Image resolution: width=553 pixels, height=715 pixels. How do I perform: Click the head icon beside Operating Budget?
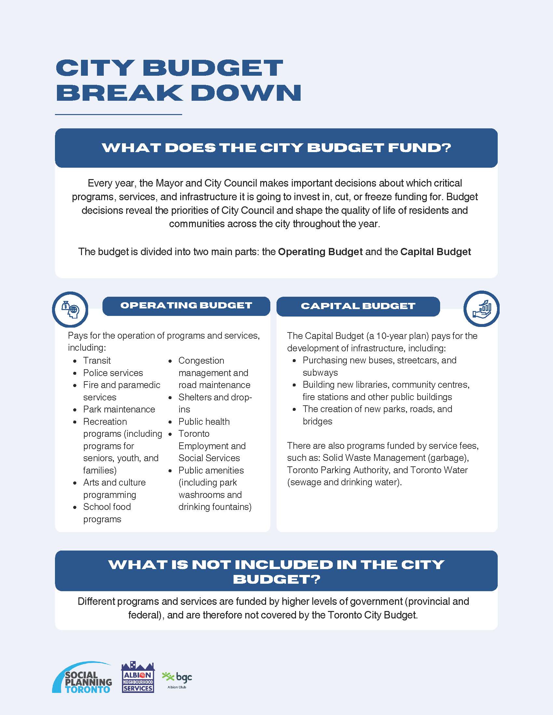pos(70,309)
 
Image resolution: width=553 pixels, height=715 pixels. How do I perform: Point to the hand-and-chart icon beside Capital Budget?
pos(481,309)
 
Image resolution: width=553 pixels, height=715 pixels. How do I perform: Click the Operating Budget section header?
pos(186,306)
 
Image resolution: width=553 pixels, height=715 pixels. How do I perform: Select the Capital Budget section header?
pos(358,306)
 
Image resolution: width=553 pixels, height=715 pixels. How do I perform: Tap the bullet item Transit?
pos(97,360)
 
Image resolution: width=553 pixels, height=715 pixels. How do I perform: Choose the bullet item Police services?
pos(113,373)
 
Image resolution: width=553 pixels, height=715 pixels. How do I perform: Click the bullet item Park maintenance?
pos(119,409)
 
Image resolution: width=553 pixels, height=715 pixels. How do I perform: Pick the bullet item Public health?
pos(204,422)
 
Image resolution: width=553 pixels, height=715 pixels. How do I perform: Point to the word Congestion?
pos(201,360)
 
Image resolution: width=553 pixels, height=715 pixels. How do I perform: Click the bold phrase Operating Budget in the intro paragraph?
pos(320,252)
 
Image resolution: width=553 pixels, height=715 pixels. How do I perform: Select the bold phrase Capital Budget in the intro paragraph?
pos(435,252)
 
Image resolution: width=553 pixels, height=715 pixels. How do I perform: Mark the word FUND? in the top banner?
pos(419,148)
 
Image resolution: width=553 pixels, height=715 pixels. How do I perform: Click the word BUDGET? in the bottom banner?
pos(276,579)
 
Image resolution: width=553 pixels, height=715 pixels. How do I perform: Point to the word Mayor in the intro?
pos(169,183)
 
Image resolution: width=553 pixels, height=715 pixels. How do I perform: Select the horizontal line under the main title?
pos(118,115)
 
